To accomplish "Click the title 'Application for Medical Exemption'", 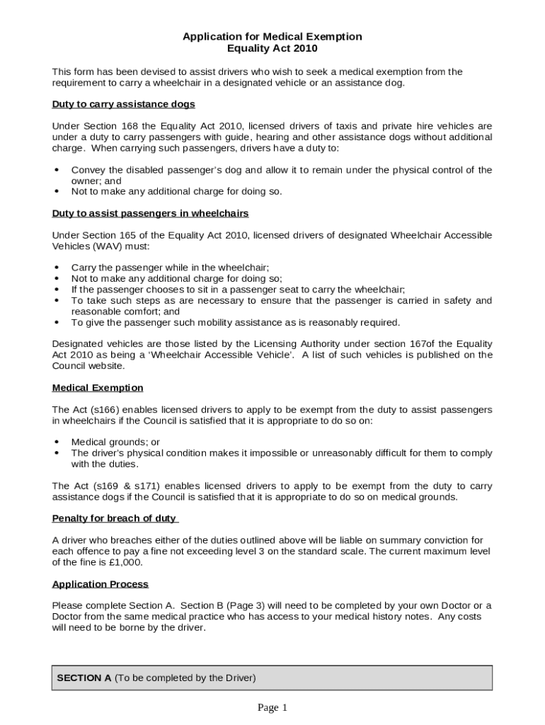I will [272, 36].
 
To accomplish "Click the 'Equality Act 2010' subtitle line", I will [272, 48].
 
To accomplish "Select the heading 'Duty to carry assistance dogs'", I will [124, 104].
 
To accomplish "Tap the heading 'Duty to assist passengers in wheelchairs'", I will [150, 213].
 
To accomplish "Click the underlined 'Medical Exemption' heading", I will [98, 387].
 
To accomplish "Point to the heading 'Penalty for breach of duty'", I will [114, 518].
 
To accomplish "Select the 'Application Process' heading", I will [101, 584].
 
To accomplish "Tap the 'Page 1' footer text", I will [272, 707].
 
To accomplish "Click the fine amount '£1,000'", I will [127, 562].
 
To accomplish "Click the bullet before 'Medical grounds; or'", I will [57, 443].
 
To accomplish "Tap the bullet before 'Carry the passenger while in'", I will [57, 268].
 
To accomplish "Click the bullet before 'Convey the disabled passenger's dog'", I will [57, 170].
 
